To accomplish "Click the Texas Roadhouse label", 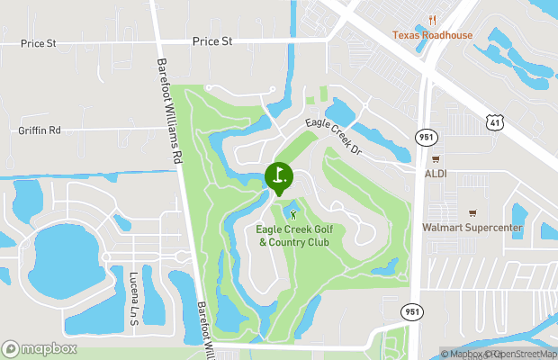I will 432,35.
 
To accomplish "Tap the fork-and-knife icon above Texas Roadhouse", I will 432,20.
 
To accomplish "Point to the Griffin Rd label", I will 40,130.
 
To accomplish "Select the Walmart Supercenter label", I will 472,228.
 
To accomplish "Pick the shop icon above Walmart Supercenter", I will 472,213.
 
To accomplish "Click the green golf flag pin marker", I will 279,176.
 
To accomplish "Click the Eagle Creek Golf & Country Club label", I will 293,236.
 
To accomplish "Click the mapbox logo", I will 39,349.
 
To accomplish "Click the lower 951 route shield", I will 410,310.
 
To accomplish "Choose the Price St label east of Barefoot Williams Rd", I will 212,41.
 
